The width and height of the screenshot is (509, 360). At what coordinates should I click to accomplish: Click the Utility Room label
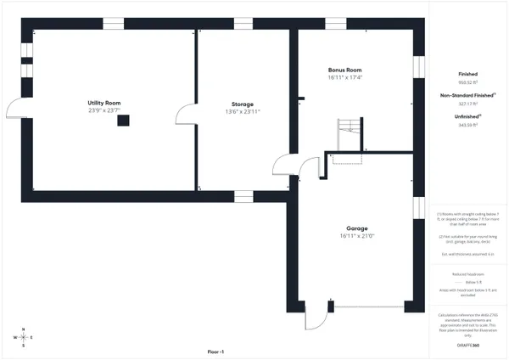click(x=104, y=103)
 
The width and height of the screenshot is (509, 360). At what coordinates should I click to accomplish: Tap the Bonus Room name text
click(x=345, y=70)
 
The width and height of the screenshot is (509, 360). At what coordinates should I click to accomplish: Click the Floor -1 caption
click(x=215, y=352)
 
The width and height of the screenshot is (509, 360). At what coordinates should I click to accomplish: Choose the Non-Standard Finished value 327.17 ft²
click(x=467, y=104)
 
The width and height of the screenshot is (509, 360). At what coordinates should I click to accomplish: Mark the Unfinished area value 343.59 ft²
click(x=467, y=124)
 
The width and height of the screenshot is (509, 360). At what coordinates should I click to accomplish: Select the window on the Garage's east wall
click(x=417, y=208)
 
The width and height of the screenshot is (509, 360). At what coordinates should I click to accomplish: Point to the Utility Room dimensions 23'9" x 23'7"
click(x=104, y=110)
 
